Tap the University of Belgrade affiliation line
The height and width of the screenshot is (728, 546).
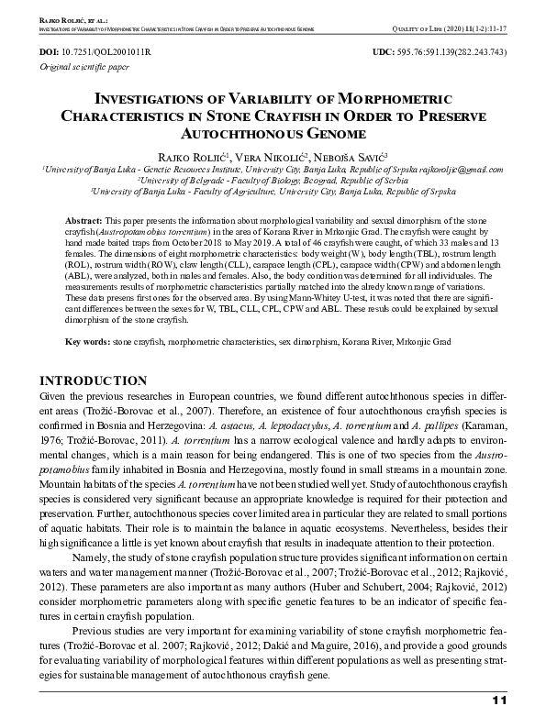tap(273, 181)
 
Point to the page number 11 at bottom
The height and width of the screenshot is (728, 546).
tap(499, 701)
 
